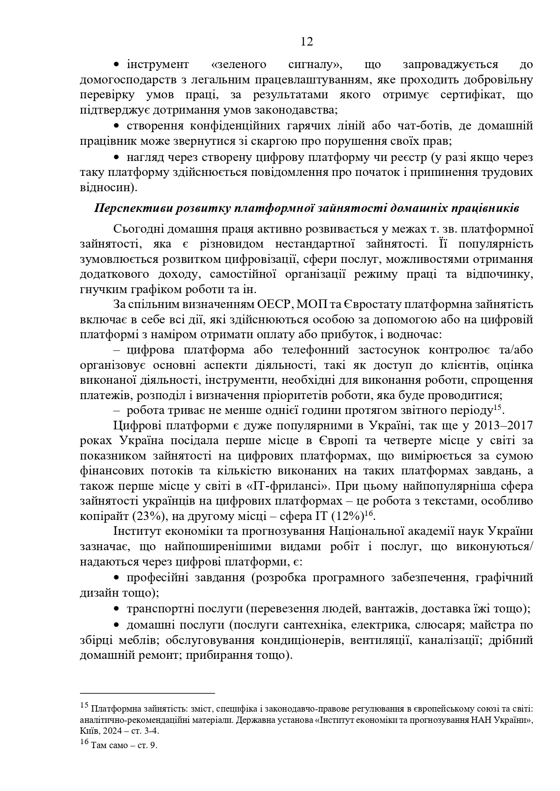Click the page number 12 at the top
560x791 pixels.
click(306, 42)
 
